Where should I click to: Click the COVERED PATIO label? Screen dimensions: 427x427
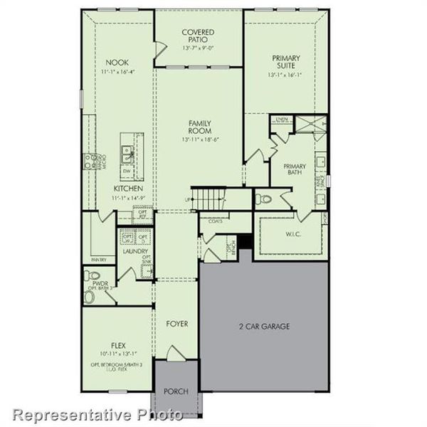pos(199,36)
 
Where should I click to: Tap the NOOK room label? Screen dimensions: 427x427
pos(116,62)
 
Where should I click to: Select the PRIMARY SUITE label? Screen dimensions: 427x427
pos(285,62)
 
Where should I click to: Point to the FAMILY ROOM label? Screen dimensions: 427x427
pos(199,127)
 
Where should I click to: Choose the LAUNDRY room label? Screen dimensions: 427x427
pos(135,251)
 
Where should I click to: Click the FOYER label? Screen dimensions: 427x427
pos(177,324)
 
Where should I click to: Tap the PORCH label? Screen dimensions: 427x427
pos(176,391)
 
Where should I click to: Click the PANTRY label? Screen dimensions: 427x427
pos(98,260)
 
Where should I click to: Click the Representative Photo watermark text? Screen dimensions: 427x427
pos(92,414)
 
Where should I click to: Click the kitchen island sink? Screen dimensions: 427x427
pos(127,151)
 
